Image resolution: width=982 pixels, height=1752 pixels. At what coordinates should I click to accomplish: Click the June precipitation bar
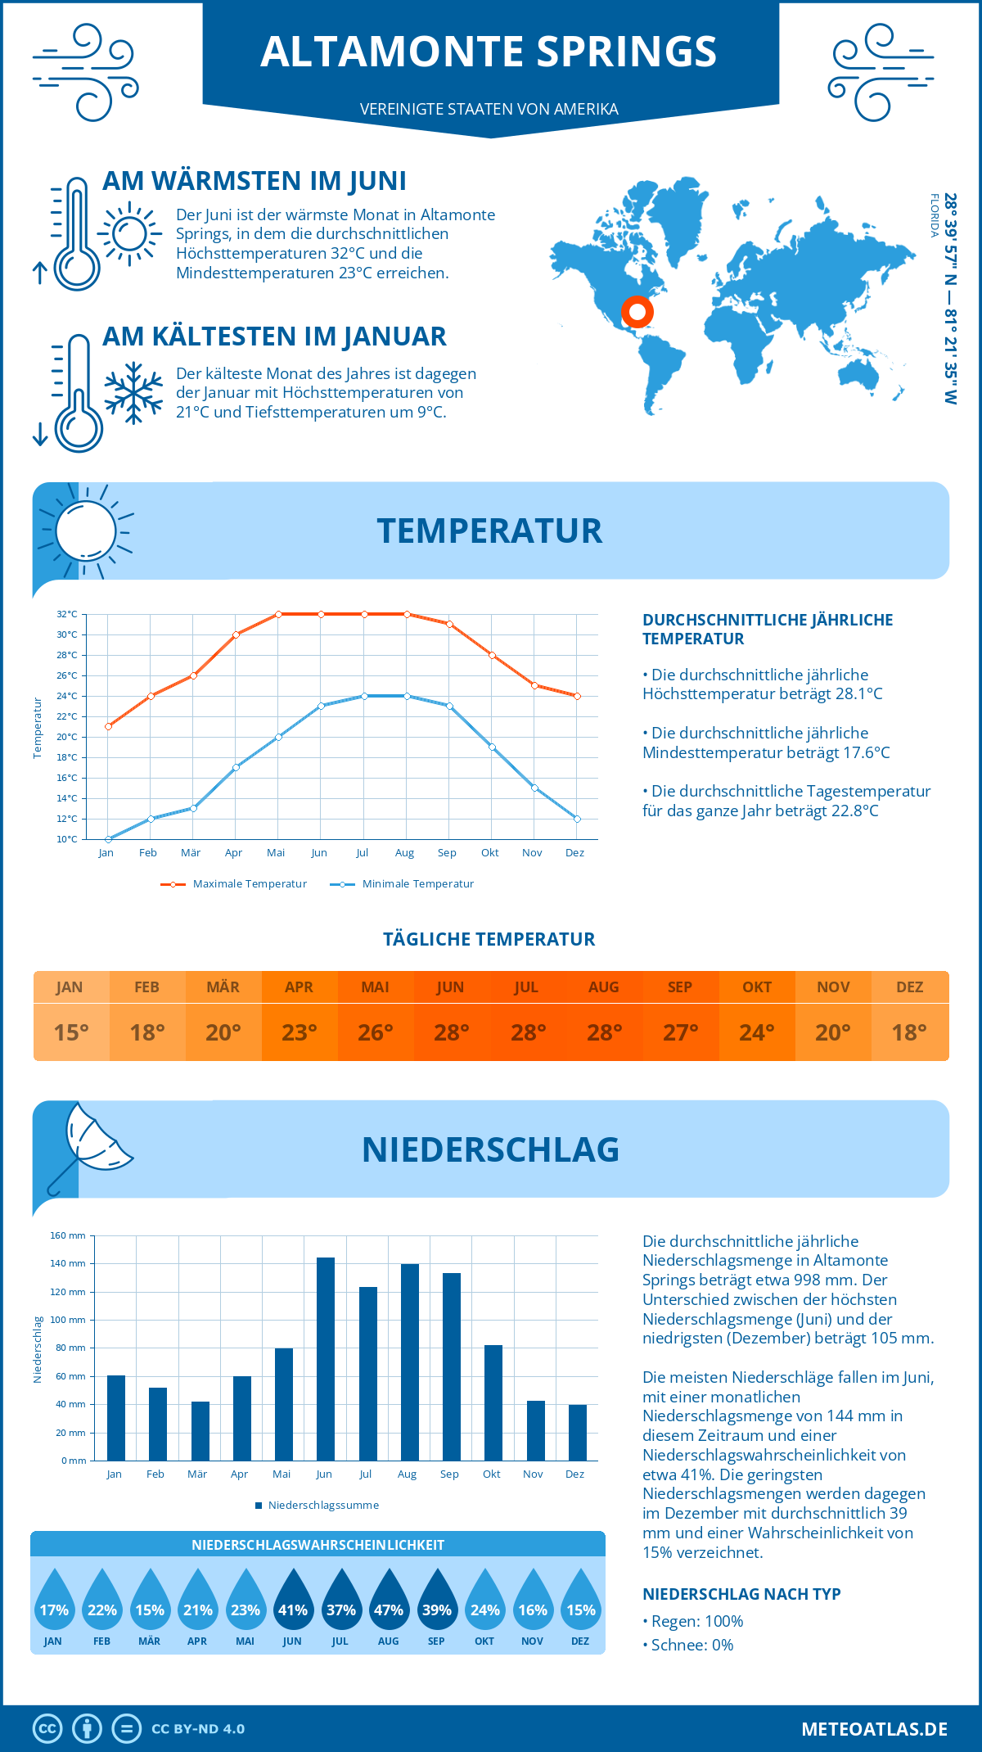325,1359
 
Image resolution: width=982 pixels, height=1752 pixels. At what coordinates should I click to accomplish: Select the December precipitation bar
577,1433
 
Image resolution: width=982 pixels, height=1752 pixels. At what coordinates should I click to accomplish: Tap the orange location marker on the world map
637,312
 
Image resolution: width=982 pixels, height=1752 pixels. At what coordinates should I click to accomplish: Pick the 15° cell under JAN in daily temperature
71,1032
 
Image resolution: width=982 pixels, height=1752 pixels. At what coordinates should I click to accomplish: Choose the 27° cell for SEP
680,1032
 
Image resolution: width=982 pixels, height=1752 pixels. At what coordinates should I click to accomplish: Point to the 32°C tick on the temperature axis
67,614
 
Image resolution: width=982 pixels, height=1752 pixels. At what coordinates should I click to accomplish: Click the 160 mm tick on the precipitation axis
69,1235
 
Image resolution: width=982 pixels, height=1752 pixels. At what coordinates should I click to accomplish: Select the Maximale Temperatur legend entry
234,884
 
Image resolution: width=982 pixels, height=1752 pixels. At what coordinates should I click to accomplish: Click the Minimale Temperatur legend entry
403,884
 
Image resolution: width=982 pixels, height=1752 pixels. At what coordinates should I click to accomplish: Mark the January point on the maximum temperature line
108,726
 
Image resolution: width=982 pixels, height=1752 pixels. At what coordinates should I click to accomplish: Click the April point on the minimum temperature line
236,767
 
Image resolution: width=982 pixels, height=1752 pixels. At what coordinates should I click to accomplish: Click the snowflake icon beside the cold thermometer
133,393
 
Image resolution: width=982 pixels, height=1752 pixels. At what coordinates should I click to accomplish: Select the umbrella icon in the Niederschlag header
90,1146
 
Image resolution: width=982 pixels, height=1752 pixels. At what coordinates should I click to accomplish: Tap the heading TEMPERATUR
489,531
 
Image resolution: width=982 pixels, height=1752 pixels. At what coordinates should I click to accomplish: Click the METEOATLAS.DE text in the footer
874,1729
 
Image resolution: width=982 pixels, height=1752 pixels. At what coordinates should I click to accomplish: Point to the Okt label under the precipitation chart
491,1474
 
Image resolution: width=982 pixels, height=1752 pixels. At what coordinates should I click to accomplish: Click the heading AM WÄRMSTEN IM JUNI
254,181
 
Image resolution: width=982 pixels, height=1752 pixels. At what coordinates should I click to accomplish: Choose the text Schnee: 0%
692,1646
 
